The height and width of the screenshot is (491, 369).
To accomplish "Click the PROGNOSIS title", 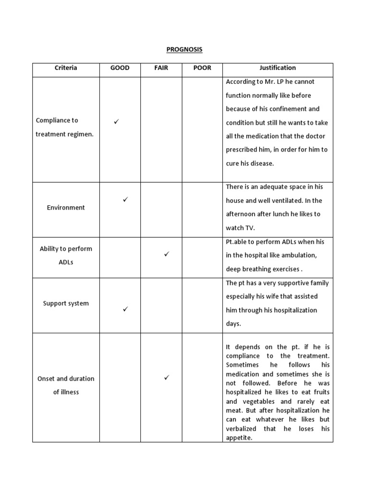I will click(184, 49).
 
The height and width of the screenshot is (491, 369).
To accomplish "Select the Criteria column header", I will click(66, 68).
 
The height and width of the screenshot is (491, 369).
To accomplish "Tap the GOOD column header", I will click(120, 68).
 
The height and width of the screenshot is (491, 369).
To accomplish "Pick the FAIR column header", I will click(161, 68).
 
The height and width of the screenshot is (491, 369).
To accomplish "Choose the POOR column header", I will click(202, 68).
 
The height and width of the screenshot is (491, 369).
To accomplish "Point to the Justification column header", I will click(278, 68).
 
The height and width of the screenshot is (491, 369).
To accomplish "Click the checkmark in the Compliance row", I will click(116, 122).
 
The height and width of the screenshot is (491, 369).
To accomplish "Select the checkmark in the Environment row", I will click(125, 199).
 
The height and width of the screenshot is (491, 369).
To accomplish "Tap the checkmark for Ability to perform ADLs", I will click(166, 254).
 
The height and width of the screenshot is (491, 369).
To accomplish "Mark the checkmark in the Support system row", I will click(125, 309).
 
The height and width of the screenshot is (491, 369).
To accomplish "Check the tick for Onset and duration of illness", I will click(166, 378).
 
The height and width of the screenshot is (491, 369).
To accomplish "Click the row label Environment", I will click(66, 208).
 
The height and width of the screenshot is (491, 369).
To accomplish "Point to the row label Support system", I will click(66, 304).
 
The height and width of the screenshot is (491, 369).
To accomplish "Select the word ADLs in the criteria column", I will click(66, 263).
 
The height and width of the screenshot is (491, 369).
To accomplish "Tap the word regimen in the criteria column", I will click(80, 134).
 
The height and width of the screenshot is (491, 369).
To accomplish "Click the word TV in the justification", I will click(250, 228).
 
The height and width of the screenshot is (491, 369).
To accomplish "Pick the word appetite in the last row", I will click(238, 438).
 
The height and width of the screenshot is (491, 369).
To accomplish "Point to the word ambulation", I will click(299, 255).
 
